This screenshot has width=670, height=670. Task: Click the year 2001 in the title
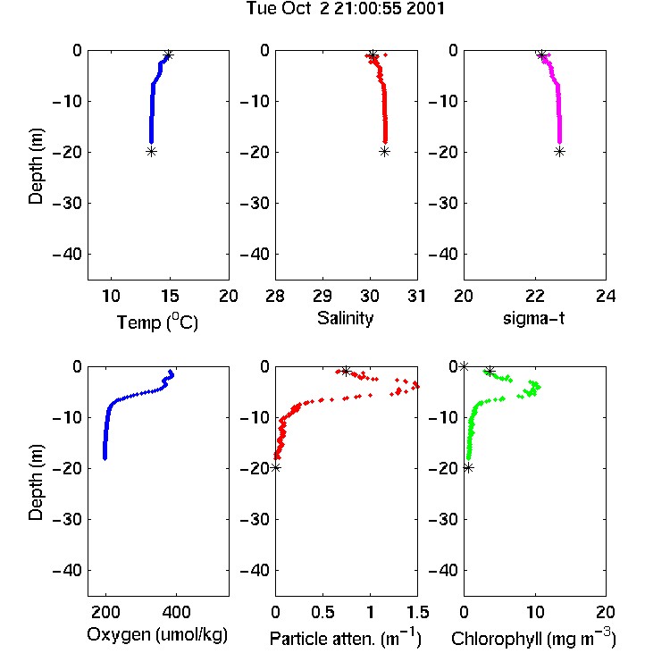pyautogui.click(x=425, y=8)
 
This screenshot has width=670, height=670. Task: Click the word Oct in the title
pyautogui.click(x=296, y=8)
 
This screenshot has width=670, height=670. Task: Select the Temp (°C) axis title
pyautogui.click(x=157, y=322)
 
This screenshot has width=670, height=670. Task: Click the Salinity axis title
pyautogui.click(x=345, y=318)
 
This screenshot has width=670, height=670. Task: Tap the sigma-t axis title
pyautogui.click(x=533, y=318)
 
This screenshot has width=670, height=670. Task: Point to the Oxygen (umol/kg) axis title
pyautogui.click(x=157, y=634)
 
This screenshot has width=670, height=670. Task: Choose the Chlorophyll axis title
pyautogui.click(x=533, y=638)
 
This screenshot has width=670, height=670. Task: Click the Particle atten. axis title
pyautogui.click(x=346, y=638)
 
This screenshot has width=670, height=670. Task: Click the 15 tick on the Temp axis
pyautogui.click(x=170, y=296)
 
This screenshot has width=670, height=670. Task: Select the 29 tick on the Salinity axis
pyautogui.click(x=322, y=296)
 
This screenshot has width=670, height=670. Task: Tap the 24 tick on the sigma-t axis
pyautogui.click(x=606, y=296)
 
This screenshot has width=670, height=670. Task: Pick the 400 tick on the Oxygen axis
pyautogui.click(x=176, y=612)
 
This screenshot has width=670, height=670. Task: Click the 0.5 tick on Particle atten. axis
pyautogui.click(x=322, y=612)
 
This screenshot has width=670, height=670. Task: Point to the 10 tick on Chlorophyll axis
pyautogui.click(x=534, y=612)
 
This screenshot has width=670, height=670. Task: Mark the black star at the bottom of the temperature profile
pyautogui.click(x=151, y=151)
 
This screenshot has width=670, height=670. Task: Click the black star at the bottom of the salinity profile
pyautogui.click(x=384, y=151)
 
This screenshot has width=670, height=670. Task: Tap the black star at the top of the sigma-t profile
pyautogui.click(x=542, y=55)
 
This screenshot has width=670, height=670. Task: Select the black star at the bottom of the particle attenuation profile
pyautogui.click(x=276, y=467)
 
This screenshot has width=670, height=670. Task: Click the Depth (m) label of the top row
pyautogui.click(x=36, y=166)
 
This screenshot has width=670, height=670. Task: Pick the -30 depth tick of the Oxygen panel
pyautogui.click(x=67, y=519)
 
